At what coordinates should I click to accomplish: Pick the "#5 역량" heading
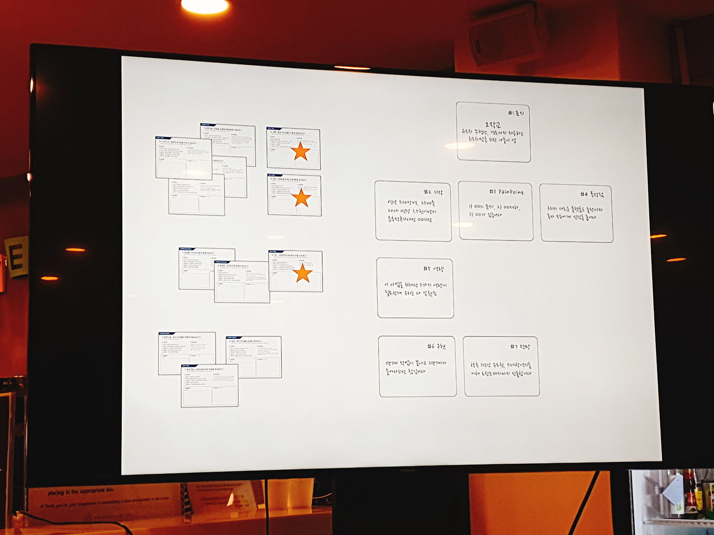433,269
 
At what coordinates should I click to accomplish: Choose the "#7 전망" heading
520,347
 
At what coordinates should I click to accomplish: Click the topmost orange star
301,151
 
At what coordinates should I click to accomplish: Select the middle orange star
302,198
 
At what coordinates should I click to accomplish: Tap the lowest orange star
303,273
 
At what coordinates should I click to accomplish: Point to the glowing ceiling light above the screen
205,6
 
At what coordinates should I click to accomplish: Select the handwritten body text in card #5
415,289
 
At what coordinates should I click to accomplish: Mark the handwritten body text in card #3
494,210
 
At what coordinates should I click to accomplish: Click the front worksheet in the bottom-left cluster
210,386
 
